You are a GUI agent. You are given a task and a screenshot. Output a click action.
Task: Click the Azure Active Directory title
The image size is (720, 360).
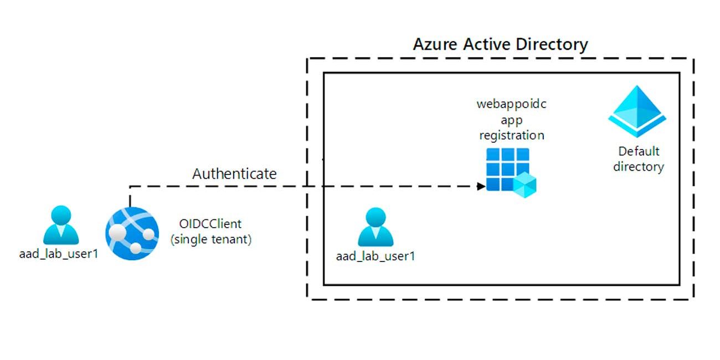pyautogui.click(x=500, y=44)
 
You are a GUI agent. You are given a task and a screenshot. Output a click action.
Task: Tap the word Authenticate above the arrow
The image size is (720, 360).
pyautogui.click(x=234, y=173)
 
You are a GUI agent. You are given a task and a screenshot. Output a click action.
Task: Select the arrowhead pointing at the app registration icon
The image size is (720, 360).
pyautogui.click(x=481, y=187)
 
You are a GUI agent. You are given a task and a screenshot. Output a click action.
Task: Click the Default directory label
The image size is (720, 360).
pyautogui.click(x=639, y=159)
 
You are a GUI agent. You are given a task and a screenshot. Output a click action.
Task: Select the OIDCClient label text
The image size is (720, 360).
pyautogui.click(x=210, y=224)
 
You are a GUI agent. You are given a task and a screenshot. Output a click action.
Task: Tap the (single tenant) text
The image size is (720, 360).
pyautogui.click(x=211, y=240)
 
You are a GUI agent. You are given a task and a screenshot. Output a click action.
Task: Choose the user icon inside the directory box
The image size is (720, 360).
pyautogui.click(x=376, y=228)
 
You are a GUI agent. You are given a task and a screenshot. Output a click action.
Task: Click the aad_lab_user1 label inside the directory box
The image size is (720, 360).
pyautogui.click(x=376, y=256)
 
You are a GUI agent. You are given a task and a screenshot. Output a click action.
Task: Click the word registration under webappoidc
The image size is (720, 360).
pyautogui.click(x=511, y=135)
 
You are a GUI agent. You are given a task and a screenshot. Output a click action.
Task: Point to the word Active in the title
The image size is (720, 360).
pyautogui.click(x=484, y=44)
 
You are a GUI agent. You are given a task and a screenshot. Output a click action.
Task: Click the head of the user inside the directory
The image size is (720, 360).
pyautogui.click(x=376, y=218)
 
